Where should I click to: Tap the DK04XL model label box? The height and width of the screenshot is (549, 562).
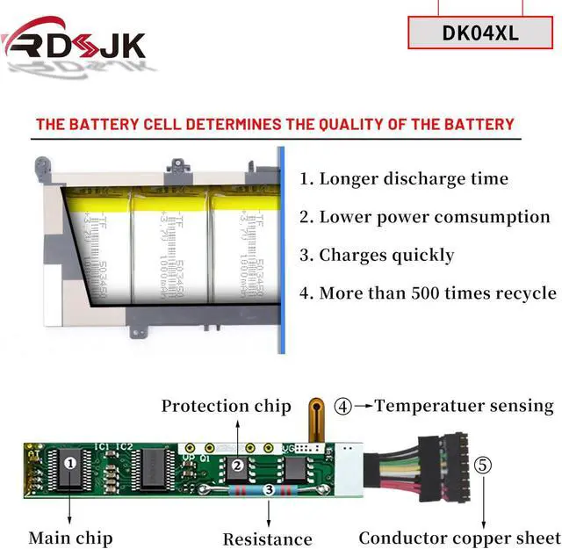481,33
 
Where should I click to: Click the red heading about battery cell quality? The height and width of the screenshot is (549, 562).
275,124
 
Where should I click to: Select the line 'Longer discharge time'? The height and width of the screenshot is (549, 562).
404,178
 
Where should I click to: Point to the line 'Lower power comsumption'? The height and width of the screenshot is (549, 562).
425,216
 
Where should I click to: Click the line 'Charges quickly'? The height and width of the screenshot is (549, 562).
377,255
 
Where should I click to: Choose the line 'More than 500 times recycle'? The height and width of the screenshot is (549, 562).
428,293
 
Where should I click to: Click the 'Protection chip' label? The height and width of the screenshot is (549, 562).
226,406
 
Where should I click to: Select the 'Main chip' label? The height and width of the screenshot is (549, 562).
70,537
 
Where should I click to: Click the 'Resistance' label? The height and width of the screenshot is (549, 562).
267,538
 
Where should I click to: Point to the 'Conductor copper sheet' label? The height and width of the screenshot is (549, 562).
458,538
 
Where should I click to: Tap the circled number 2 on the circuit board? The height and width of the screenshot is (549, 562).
236,466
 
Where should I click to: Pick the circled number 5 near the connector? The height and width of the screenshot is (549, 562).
482,465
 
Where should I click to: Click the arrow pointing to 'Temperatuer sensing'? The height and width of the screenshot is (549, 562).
363,406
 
